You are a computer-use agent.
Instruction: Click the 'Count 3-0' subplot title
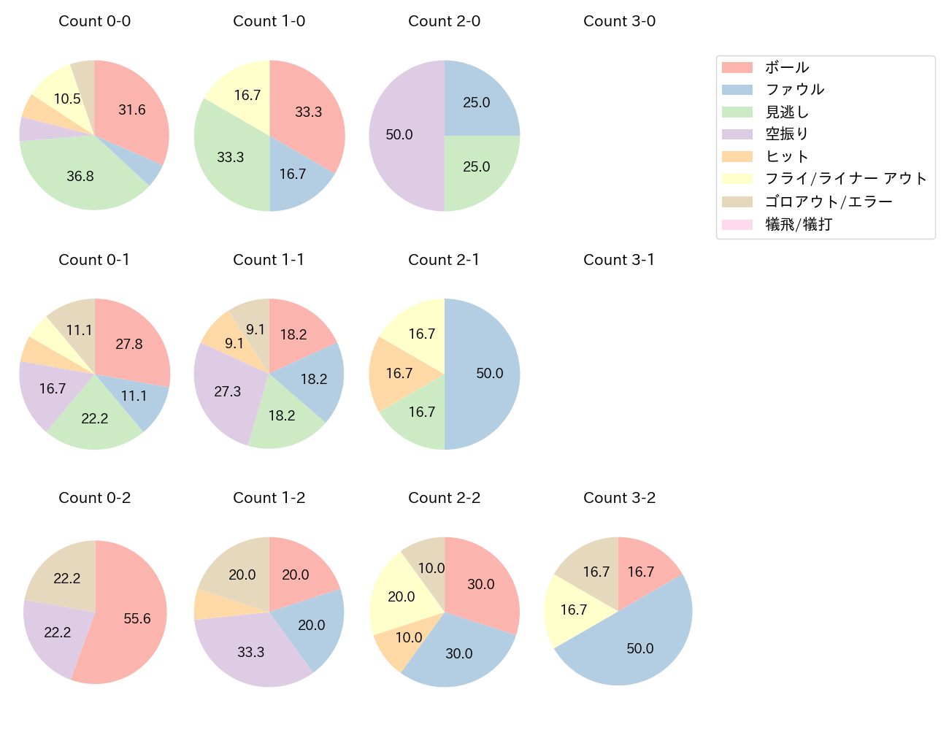pyautogui.click(x=619, y=21)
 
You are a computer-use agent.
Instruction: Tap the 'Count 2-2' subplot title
pyautogui.click(x=444, y=498)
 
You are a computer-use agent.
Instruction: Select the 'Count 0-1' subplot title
pyautogui.click(x=94, y=260)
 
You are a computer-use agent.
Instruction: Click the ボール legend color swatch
pyautogui.click(x=737, y=67)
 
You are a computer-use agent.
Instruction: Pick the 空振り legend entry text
pyautogui.click(x=786, y=134)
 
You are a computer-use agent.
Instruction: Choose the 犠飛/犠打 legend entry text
pyautogui.click(x=798, y=224)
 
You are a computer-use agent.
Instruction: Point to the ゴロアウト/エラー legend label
pyautogui.click(x=829, y=201)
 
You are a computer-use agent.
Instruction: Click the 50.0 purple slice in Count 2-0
pyautogui.click(x=400, y=135)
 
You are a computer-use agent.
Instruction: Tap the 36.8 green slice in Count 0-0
pyautogui.click(x=80, y=176)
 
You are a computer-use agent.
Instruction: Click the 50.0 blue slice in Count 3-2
pyautogui.click(x=635, y=646)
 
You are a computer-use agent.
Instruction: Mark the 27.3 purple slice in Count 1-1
pyautogui.click(x=228, y=392)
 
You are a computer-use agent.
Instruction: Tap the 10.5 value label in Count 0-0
pyautogui.click(x=67, y=99)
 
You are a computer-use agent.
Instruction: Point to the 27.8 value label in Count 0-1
pyautogui.click(x=129, y=344)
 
